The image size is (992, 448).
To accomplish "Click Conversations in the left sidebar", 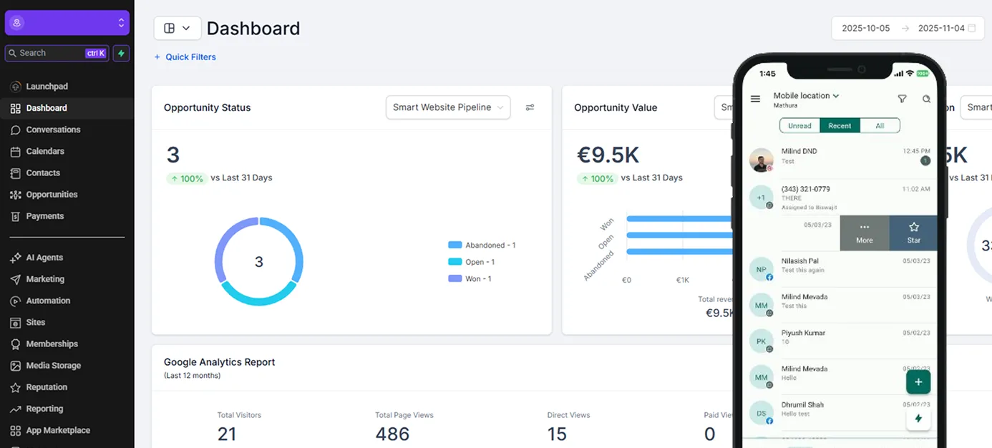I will click(53, 130).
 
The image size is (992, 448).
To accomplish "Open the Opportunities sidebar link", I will click(52, 195).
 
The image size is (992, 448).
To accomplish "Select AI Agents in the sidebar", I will click(44, 258).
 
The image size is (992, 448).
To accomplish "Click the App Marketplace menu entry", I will click(57, 430).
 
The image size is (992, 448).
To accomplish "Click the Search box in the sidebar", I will click(50, 53).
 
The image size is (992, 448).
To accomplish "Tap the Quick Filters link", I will click(190, 57).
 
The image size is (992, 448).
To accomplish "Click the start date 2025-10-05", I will click(865, 29).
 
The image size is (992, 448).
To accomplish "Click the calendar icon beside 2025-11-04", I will click(971, 29).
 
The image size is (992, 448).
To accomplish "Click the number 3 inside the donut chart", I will click(259, 262).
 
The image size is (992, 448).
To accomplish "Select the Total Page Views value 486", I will click(392, 434).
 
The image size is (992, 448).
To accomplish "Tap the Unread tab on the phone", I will click(799, 126).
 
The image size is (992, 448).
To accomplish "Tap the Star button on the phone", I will click(913, 233).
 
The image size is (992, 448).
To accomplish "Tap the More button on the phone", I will click(864, 233).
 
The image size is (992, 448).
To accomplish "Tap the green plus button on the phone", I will click(918, 381).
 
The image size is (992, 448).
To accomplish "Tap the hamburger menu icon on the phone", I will click(755, 99).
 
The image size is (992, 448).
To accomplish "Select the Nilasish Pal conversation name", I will click(799, 261).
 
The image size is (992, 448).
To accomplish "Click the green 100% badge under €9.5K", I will click(596, 178).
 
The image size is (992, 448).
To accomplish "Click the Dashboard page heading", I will click(253, 29).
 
